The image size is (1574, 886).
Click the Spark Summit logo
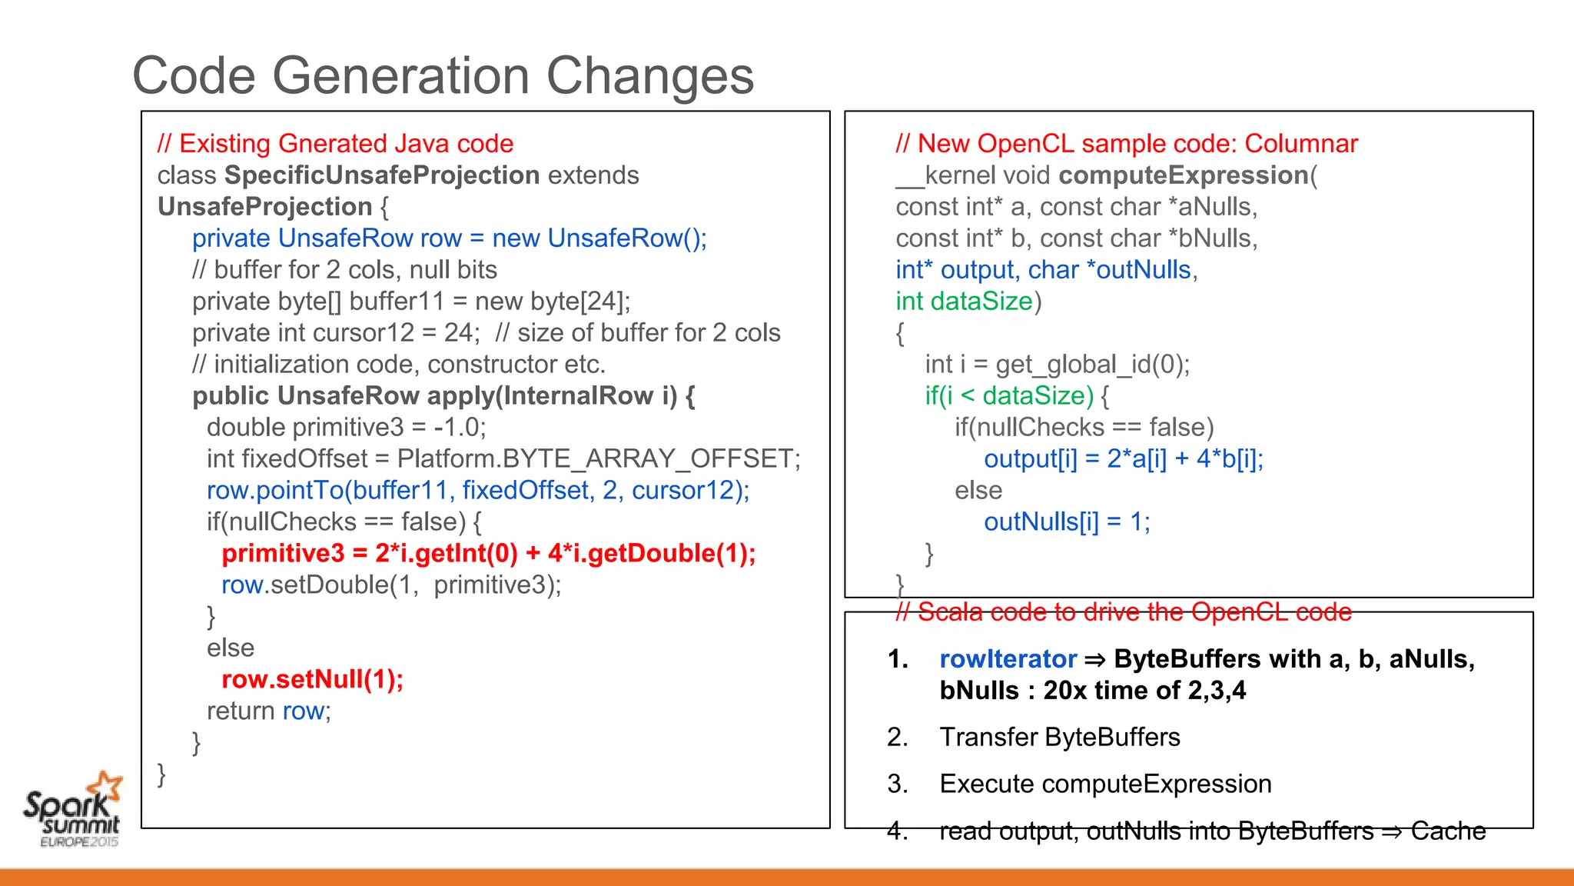coord(73,809)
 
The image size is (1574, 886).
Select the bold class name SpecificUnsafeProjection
coord(382,175)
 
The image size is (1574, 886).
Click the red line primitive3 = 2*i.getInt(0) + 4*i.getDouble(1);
coord(489,554)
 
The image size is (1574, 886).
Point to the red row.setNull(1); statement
coord(312,680)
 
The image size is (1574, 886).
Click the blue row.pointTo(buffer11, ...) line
coord(478,491)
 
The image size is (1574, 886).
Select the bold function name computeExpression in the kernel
coord(1184,175)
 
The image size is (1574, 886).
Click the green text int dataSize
coord(965,301)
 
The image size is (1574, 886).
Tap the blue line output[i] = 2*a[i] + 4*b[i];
coord(1124,459)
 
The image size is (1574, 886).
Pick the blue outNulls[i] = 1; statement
coord(1067,522)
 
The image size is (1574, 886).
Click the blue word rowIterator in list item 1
coord(1008,659)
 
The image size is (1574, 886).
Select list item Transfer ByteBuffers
coord(1059,738)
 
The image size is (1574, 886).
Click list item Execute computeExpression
coord(1105,784)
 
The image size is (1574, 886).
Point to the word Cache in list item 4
coord(1448,831)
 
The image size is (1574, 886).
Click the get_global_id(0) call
coord(1091,365)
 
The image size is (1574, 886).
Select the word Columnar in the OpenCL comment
coord(1301,144)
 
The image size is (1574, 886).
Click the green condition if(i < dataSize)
coord(1009,396)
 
